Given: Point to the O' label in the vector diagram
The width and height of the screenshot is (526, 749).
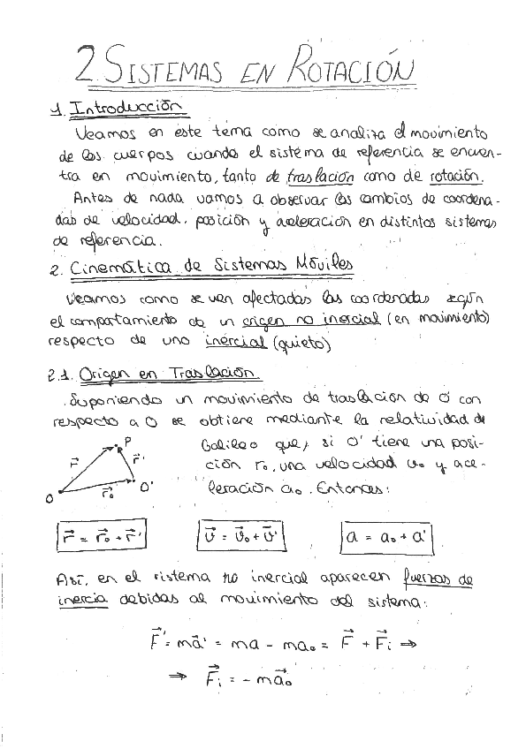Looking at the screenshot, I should pos(147,484).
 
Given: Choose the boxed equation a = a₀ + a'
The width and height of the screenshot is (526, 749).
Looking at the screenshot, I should pos(389,536).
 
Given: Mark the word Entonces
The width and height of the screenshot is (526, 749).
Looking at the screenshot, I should pos(353,486).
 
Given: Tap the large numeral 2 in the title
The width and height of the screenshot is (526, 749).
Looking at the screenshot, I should pos(87,64).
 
